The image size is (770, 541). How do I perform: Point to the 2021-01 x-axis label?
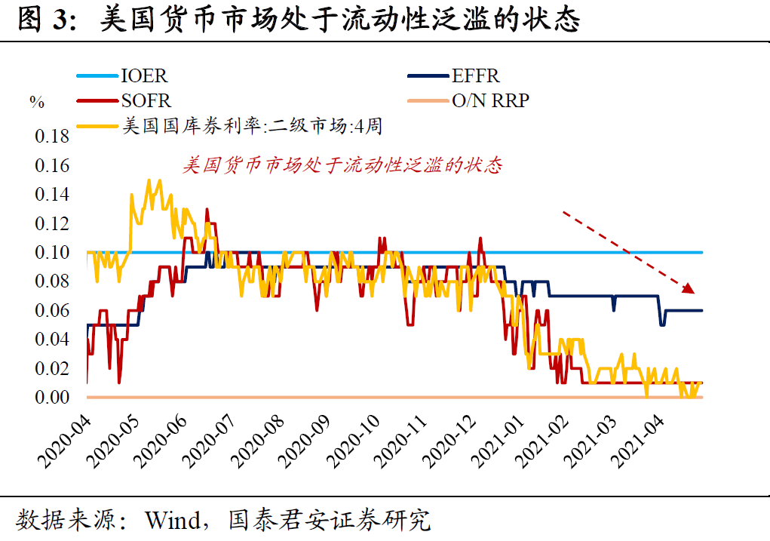tap(495, 441)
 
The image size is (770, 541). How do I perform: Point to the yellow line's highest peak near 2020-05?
tap(149, 181)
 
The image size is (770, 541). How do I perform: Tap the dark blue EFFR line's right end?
tap(701, 310)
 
